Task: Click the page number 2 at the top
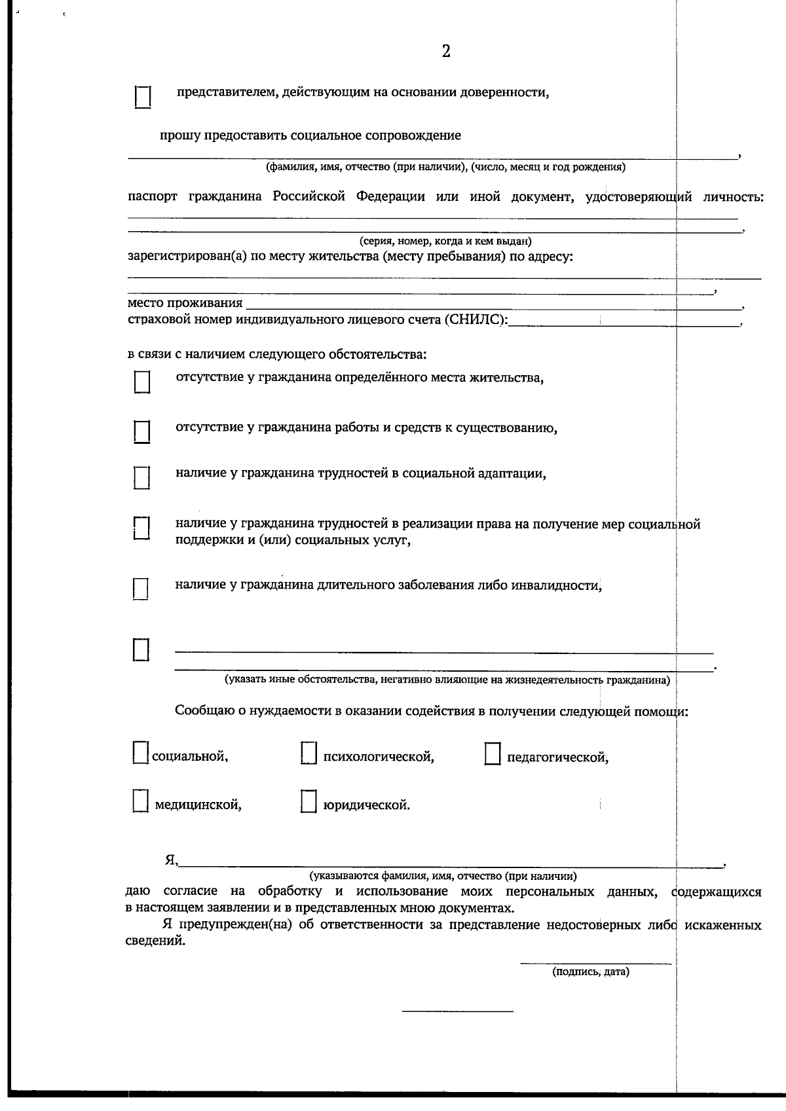point(446,52)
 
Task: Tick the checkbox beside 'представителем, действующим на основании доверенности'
point(143,97)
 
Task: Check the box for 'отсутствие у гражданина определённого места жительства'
point(142,382)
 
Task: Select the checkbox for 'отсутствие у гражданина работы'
point(142,431)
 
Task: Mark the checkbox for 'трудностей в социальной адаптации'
point(142,477)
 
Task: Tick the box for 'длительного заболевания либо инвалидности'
point(141,589)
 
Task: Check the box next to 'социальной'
point(140,752)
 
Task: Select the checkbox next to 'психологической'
point(309,753)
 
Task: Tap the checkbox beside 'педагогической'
point(493,753)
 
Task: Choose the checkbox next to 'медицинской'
point(140,801)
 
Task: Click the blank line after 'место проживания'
point(491,306)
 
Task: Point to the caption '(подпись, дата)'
point(590,972)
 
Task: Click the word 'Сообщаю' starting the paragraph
point(202,711)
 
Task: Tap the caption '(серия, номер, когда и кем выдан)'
point(445,241)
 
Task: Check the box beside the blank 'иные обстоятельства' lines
point(141,649)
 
